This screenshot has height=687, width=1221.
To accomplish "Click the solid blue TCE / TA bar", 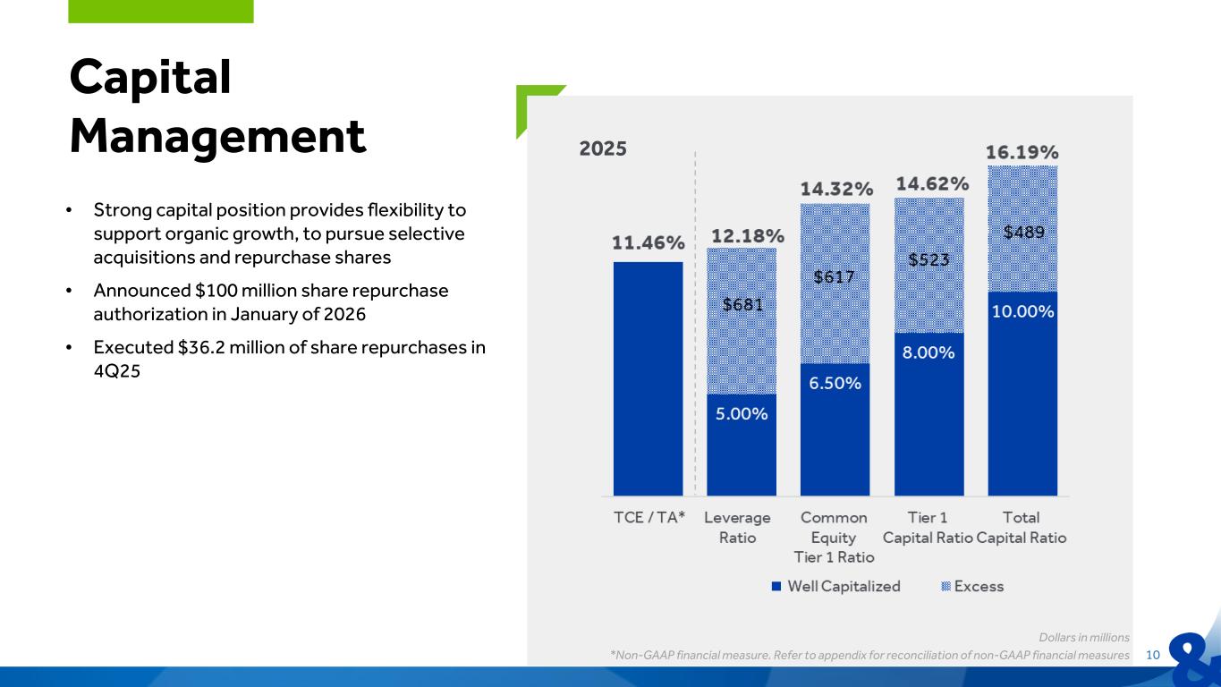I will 648,378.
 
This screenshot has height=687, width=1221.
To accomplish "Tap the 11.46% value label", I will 648,242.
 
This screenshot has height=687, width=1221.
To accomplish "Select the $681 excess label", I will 742,304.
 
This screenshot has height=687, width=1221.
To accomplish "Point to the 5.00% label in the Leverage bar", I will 742,414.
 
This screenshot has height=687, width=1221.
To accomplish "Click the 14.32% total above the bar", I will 835,189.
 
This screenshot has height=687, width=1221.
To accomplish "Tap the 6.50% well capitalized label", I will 835,383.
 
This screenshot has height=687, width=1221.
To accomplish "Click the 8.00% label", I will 928,352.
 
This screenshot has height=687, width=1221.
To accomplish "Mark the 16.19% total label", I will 1022,151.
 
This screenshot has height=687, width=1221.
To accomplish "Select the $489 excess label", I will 1023,232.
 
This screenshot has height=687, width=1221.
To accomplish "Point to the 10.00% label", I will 1022,311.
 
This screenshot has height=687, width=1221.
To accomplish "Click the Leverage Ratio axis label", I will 737,528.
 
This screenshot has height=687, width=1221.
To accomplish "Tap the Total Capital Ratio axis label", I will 1022,528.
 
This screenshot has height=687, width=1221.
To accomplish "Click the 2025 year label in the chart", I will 603,148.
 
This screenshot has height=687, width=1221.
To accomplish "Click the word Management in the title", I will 218,137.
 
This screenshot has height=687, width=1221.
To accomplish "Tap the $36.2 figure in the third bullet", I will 188,348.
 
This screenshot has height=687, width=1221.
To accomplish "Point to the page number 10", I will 1152,656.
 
